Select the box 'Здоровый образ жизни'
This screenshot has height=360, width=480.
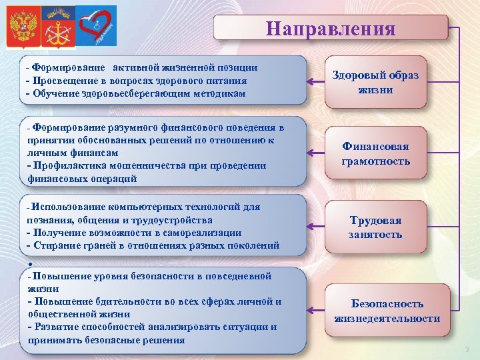tap(375, 83)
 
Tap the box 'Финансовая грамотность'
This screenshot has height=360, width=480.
tap(375, 154)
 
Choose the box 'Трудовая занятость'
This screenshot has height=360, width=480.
tap(375, 227)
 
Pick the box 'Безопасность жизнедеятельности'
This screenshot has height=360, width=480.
tap(387, 311)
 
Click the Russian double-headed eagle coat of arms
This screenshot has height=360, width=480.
tap(23, 27)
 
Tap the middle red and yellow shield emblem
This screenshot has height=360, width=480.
tap(59, 27)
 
